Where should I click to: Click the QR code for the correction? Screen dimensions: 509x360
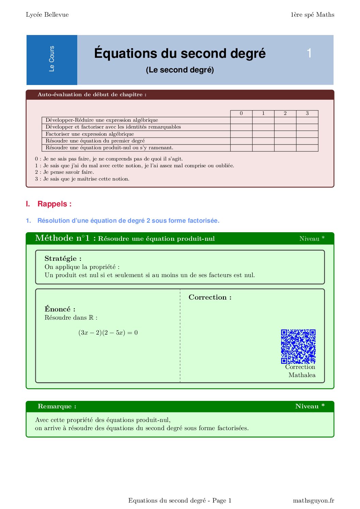coord(298,346)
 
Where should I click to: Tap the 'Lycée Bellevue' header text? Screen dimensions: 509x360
coord(47,15)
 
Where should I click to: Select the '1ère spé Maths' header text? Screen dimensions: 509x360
coord(312,15)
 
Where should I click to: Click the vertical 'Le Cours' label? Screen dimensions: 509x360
coord(52,59)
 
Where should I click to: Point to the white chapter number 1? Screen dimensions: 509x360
coord(309,53)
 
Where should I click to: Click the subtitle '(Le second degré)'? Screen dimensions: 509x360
coord(180,70)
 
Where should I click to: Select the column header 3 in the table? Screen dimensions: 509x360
coord(307,113)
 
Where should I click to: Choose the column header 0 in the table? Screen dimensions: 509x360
coord(241,113)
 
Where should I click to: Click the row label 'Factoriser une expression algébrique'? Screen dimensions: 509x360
coord(90,134)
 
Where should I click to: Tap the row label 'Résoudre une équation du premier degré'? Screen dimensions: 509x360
coord(95,141)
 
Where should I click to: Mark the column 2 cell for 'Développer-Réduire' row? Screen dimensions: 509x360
coord(285,120)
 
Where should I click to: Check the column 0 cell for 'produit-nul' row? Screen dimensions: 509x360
coord(241,148)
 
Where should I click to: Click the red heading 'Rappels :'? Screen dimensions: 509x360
coord(54,204)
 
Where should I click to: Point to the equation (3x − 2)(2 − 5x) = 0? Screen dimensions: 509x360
coord(108,333)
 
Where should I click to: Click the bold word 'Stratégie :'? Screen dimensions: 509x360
coord(63,258)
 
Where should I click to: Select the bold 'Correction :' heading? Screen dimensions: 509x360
coord(210,297)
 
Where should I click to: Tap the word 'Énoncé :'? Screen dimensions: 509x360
coord(60,309)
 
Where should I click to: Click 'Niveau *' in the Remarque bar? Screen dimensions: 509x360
coord(310,406)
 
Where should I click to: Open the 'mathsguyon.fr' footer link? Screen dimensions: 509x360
coord(313,500)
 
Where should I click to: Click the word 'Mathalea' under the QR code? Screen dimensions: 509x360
coord(302,375)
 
